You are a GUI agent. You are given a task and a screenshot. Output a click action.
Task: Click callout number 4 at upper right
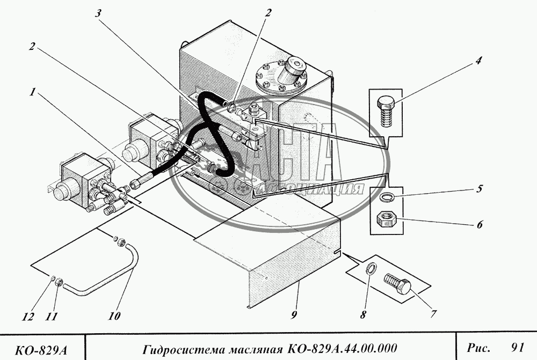(477, 61)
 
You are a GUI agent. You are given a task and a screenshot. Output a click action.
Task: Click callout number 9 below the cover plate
(294, 315)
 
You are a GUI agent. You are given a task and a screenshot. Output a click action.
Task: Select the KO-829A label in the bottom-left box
(41, 350)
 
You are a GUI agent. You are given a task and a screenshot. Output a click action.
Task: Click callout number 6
(478, 224)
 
